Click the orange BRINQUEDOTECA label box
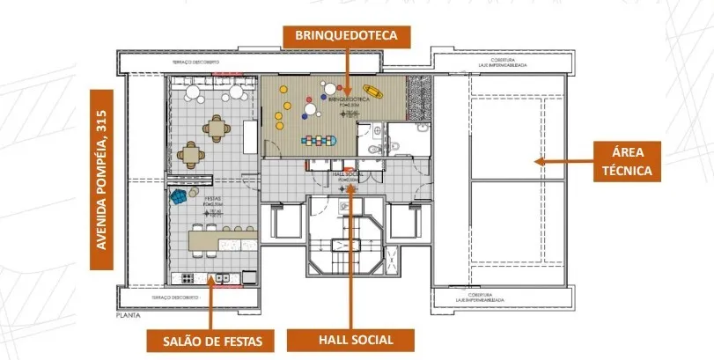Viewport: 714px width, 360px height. pos(347,35)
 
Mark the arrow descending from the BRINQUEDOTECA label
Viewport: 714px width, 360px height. pos(347,70)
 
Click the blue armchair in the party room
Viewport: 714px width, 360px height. pos(179,196)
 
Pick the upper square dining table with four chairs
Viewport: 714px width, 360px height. pos(216,129)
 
